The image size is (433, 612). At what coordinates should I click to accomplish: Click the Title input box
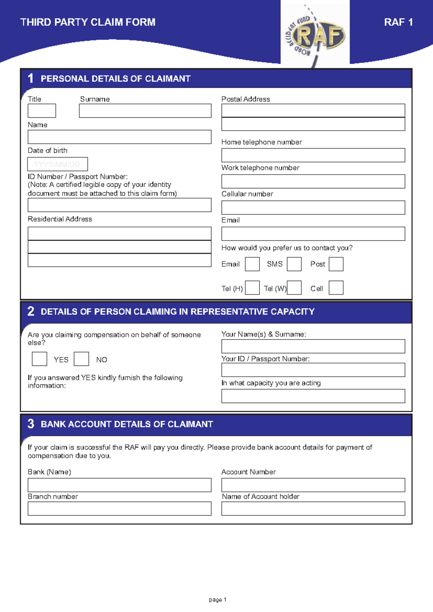point(42,111)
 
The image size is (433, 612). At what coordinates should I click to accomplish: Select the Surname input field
point(145,111)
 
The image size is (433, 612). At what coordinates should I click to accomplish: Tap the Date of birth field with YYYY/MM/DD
point(58,164)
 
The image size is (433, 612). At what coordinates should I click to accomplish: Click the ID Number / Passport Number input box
point(119,205)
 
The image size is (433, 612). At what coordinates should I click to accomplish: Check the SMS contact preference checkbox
point(294,264)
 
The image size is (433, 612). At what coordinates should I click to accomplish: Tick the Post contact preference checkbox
point(336,264)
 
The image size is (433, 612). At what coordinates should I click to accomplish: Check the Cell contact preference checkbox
point(336,288)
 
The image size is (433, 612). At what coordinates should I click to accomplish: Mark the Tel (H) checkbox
point(252,288)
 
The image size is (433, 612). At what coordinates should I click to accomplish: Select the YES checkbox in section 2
point(39,359)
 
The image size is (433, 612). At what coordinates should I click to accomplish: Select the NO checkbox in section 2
point(81,359)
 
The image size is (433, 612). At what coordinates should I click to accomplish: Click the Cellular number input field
point(313,207)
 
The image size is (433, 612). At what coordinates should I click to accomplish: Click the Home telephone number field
point(313,155)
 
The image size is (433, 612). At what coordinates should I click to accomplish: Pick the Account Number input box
point(313,485)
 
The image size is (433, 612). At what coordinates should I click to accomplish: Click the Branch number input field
point(119,509)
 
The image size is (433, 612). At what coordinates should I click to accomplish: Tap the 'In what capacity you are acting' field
point(313,396)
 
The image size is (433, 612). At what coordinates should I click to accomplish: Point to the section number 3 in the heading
point(31,424)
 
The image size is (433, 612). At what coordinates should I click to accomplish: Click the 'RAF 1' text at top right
point(398,22)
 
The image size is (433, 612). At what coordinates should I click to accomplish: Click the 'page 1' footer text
point(218,600)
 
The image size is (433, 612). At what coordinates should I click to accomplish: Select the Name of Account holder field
point(313,509)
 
